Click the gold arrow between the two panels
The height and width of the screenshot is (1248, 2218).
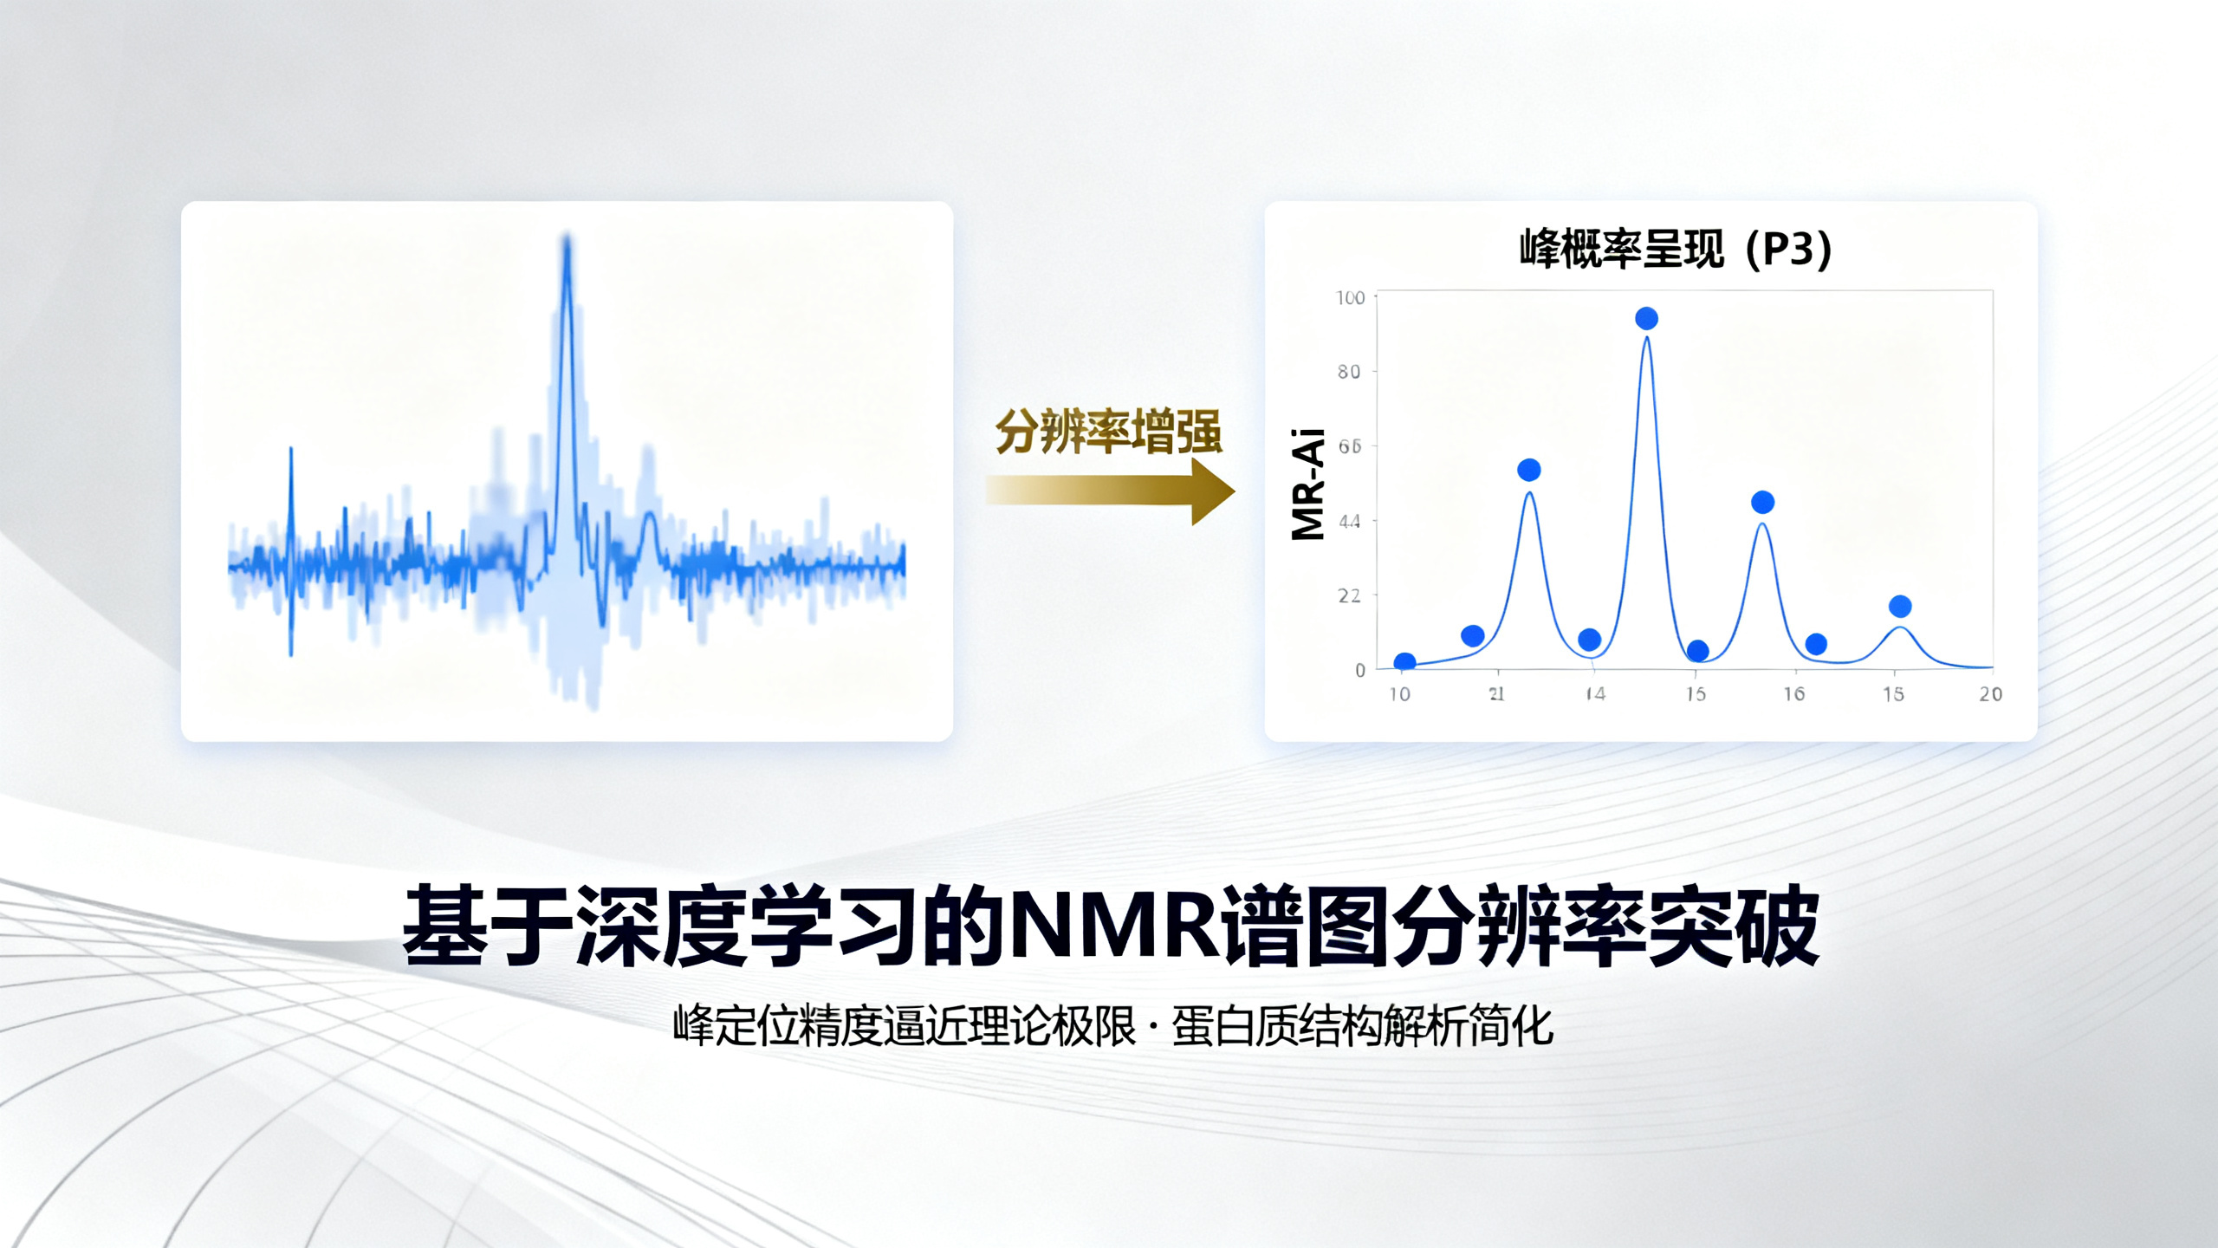tap(1109, 491)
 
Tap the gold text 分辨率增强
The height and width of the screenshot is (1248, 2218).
tap(1108, 432)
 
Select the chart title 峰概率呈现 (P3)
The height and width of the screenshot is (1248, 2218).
tap(1675, 250)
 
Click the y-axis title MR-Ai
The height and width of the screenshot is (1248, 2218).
tap(1308, 484)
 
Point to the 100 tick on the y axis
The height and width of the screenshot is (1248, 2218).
tap(1350, 298)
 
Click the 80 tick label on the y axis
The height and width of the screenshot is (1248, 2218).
tap(1349, 372)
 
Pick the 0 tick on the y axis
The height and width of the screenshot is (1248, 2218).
tap(1360, 670)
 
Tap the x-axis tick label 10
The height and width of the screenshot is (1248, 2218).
tap(1399, 694)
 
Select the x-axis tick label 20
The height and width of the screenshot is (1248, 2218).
tap(1990, 694)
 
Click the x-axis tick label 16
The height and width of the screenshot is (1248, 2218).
tap(1793, 694)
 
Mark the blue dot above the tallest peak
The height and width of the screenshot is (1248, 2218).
tap(1646, 319)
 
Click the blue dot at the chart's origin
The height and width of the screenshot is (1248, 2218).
tap(1404, 663)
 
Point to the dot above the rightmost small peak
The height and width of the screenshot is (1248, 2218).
tap(1900, 606)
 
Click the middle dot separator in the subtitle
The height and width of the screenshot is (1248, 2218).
tap(1153, 1027)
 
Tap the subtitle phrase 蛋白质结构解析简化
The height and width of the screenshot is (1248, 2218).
tap(1362, 1027)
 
